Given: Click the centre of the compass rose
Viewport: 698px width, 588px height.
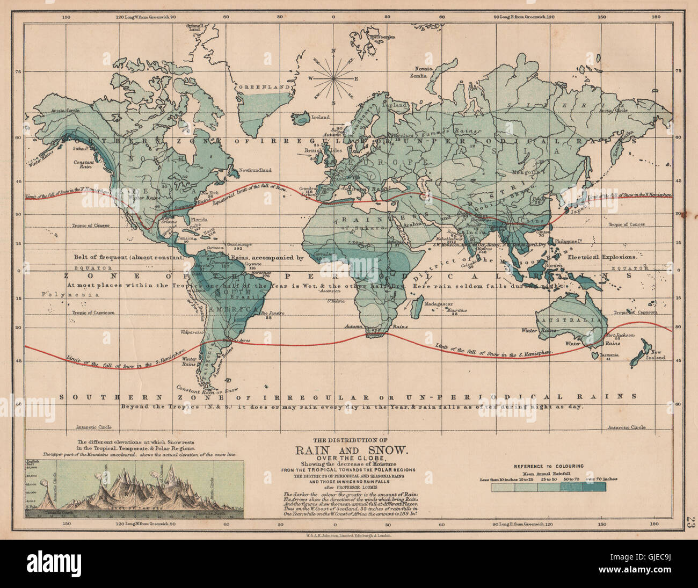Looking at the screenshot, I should [333, 79].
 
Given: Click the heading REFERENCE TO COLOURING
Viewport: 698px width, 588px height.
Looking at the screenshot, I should [549, 467].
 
